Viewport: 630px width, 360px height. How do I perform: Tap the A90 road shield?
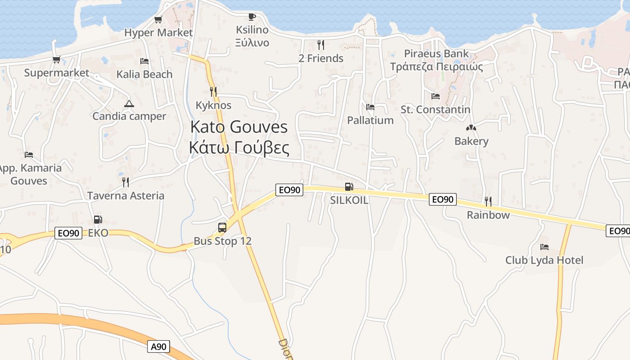click(159, 346)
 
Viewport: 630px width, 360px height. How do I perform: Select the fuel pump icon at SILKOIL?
click(349, 187)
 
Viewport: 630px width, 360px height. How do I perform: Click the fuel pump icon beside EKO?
click(98, 220)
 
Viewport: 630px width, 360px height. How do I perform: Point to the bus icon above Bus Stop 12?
click(222, 228)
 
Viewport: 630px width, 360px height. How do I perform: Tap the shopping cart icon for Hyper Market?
click(158, 20)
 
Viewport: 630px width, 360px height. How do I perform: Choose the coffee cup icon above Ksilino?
click(252, 17)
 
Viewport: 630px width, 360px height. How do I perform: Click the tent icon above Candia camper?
click(129, 103)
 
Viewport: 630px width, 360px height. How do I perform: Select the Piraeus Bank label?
click(436, 54)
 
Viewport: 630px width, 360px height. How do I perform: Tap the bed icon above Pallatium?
click(370, 107)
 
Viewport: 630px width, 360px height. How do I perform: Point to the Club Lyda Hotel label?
click(544, 260)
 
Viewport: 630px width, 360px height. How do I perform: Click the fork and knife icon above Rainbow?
click(488, 201)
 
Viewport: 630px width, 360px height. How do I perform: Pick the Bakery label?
click(471, 141)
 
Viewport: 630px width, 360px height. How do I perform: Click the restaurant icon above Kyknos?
click(213, 92)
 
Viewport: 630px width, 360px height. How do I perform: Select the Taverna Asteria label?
click(126, 196)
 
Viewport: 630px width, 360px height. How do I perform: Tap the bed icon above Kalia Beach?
click(144, 61)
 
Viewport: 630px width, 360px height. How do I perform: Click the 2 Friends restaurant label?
click(321, 58)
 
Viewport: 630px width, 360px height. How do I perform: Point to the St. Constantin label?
click(435, 109)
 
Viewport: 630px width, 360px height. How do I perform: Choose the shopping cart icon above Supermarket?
click(56, 59)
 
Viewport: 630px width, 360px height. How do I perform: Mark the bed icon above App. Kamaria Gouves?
click(29, 155)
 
